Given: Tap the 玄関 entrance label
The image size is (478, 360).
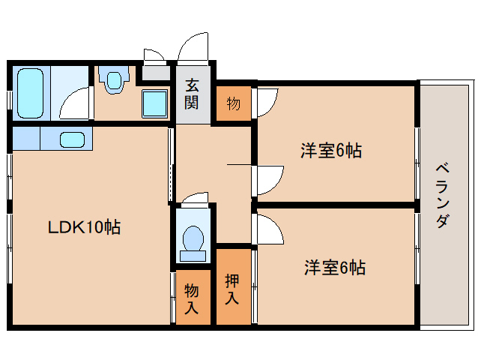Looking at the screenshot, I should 193,94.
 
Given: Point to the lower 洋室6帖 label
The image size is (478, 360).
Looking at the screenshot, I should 334,267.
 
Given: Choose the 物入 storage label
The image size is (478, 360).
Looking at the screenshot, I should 192,298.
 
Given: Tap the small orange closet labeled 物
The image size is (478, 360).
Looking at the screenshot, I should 233,103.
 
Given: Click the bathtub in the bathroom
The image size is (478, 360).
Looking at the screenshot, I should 30,92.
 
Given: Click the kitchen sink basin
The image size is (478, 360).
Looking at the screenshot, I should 72,139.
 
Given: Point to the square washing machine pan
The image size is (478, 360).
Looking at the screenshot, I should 156,102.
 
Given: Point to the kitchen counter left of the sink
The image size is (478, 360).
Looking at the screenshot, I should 26,139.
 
